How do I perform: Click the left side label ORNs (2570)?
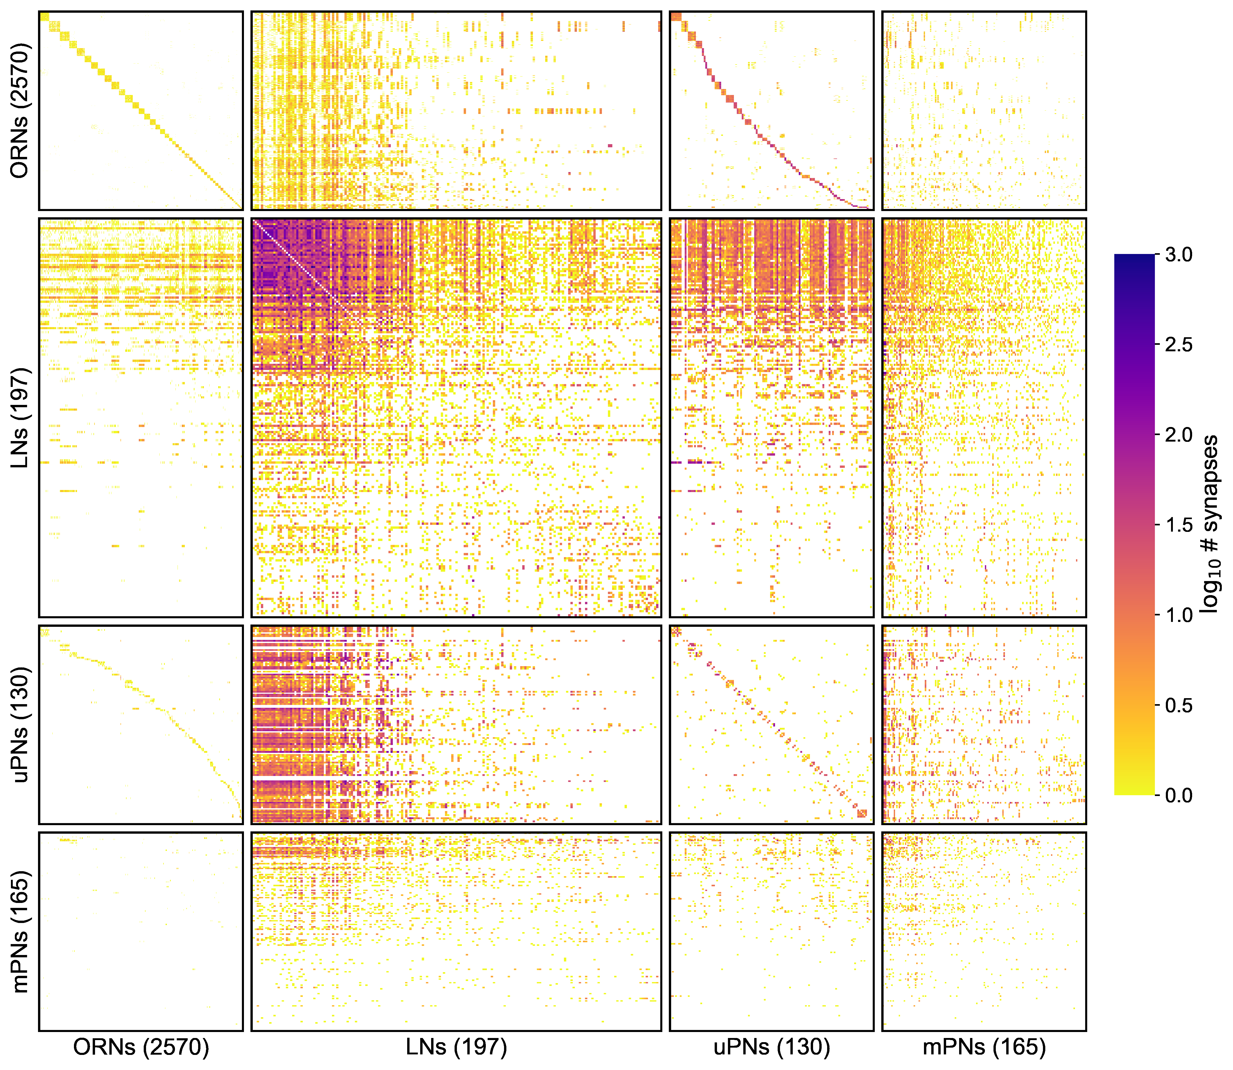tap(20, 111)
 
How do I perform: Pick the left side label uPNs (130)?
tap(20, 724)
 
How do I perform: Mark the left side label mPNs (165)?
tap(20, 932)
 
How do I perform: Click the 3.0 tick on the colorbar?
tap(1178, 255)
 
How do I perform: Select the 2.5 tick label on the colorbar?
tap(1178, 345)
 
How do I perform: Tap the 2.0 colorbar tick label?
tap(1178, 435)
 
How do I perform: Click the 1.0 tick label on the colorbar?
tap(1178, 615)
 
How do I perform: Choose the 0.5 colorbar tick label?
tap(1178, 705)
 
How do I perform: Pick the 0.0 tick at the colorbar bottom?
tap(1178, 795)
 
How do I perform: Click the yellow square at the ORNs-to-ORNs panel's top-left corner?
tap(44, 16)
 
